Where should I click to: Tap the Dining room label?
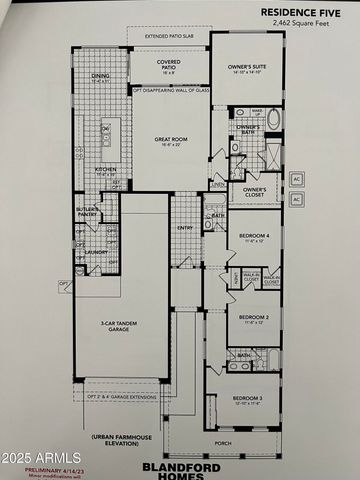click(x=100, y=76)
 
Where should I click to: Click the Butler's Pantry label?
click(x=88, y=211)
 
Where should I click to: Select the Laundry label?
click(x=95, y=252)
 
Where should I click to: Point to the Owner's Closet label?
click(x=254, y=190)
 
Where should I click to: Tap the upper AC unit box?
click(x=296, y=180)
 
